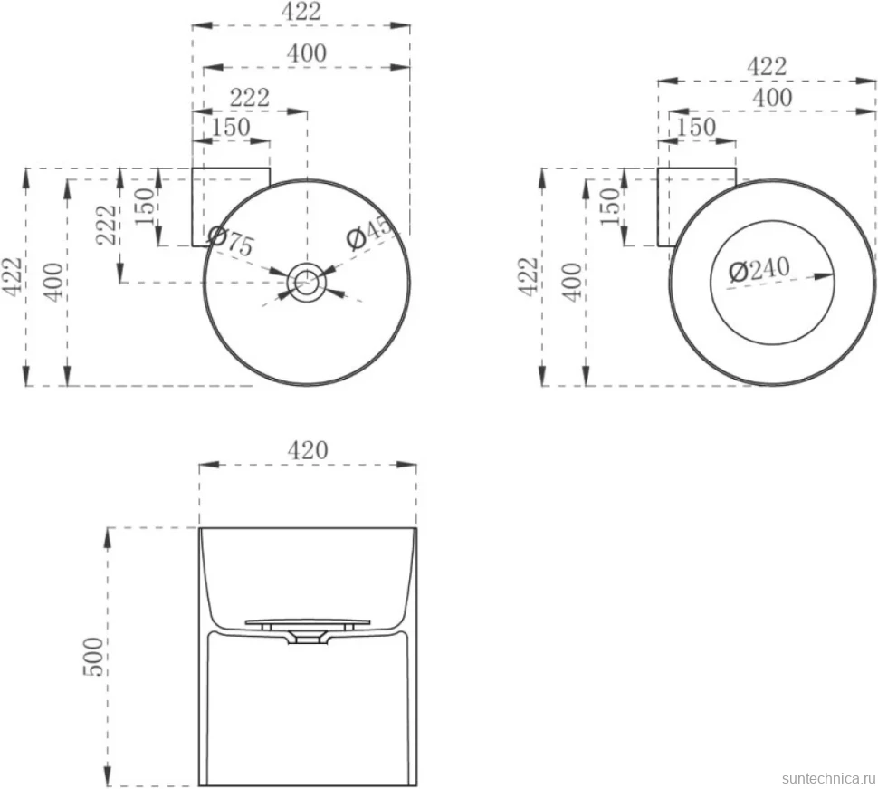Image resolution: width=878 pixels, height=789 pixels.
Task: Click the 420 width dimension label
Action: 308,450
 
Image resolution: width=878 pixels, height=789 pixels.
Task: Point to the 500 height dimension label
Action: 93,657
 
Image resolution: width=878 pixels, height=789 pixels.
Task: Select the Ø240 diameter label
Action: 759,270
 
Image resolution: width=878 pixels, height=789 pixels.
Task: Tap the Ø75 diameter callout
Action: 230,240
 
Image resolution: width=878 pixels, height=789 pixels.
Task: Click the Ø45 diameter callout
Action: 371,232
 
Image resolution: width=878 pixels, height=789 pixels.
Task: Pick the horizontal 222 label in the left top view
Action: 250,98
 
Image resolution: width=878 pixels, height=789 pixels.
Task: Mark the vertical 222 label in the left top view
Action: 107,225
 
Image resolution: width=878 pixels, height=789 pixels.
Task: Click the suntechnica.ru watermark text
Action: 829,778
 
